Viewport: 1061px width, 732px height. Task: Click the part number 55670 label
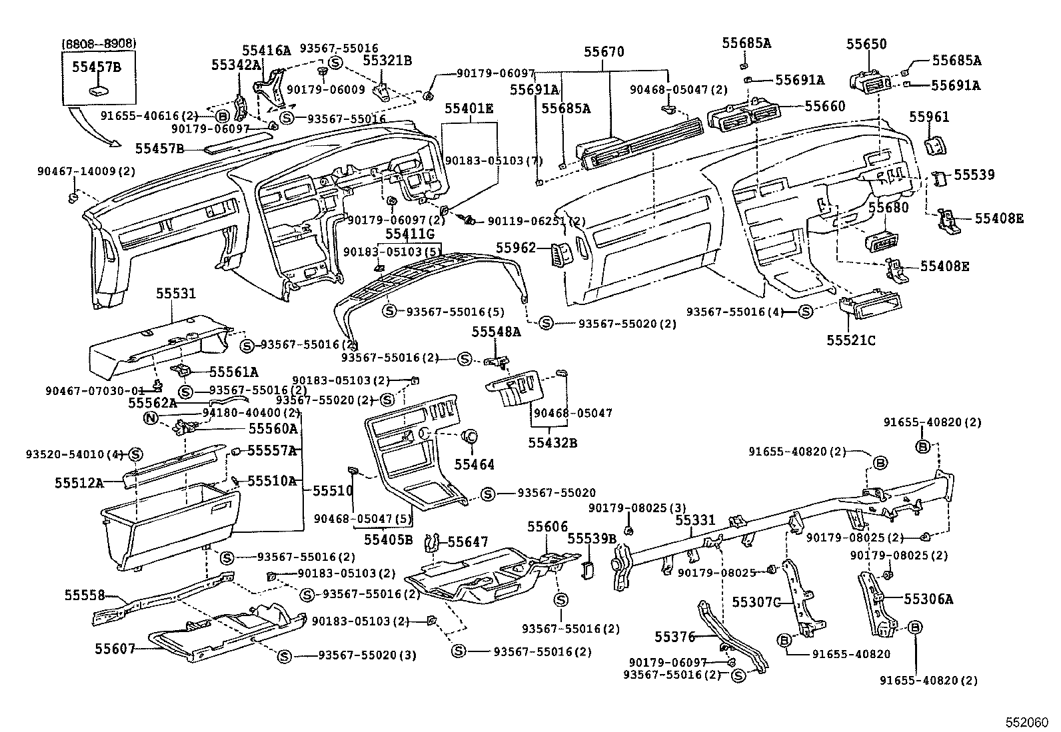pos(604,52)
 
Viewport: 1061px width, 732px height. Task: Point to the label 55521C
pos(850,340)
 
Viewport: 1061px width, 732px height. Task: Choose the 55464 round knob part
pos(469,437)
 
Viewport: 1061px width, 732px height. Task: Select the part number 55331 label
pos(694,520)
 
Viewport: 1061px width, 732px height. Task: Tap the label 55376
pos(674,637)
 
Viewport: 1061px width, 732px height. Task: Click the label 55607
pos(115,648)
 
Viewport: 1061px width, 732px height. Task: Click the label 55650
pos(866,44)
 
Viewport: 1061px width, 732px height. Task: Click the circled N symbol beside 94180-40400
pos(151,418)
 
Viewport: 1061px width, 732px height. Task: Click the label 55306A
pos(928,599)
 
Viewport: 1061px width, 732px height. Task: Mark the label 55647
pos(467,542)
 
